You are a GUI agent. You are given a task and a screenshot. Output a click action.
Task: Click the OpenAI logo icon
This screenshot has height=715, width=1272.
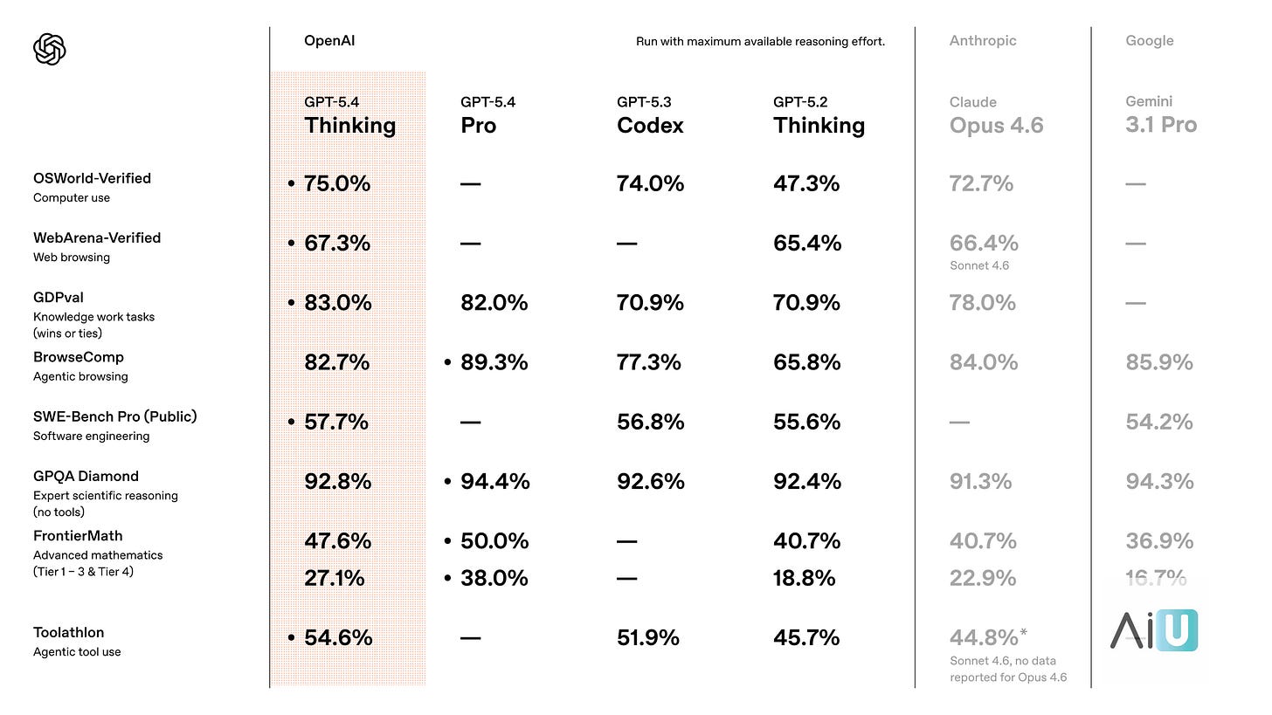50,49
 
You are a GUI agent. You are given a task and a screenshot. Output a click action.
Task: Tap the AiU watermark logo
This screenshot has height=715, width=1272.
1154,630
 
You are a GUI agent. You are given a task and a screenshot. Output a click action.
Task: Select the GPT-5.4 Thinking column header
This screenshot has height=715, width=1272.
349,116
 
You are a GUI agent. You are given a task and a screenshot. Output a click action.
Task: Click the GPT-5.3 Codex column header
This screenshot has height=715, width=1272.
650,116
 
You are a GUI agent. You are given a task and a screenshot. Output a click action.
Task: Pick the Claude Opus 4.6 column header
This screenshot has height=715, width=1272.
996,116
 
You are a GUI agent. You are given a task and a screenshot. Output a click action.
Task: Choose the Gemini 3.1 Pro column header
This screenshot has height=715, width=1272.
1161,116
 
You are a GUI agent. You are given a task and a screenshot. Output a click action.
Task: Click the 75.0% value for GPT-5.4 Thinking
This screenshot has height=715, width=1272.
336,184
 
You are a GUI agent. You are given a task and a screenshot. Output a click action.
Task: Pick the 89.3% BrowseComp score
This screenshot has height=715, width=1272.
494,362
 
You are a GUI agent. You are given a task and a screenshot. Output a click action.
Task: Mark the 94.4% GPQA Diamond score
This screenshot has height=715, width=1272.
494,482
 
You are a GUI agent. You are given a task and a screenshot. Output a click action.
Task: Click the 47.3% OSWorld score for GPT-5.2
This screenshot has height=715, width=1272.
806,184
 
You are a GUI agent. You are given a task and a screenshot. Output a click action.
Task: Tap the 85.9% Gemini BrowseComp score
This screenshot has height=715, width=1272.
1159,362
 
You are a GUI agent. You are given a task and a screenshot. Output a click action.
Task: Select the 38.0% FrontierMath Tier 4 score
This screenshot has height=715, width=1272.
494,578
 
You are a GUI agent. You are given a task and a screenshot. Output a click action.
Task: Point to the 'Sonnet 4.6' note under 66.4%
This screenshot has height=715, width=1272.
979,265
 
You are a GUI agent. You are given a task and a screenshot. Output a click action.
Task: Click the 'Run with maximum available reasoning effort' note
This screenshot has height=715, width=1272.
760,41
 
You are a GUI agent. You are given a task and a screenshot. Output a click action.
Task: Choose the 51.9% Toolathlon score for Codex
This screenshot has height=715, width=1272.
648,638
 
